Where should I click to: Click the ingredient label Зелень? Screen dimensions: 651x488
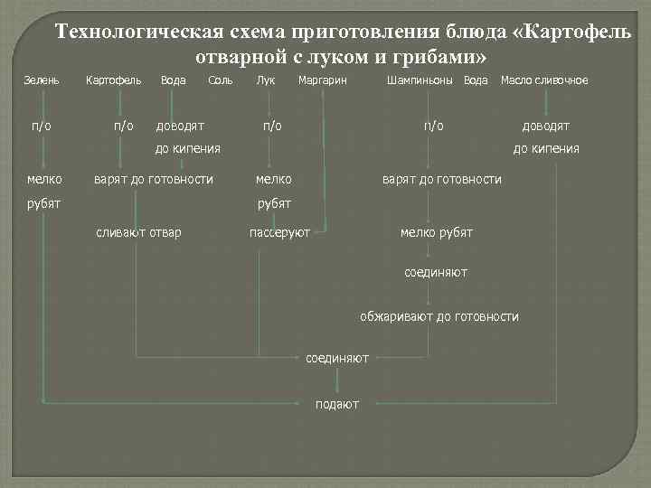coord(42,80)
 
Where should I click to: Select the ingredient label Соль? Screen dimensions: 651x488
coord(221,80)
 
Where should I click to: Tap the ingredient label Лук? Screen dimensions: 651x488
coord(266,80)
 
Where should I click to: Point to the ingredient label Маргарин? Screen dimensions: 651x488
coord(322,80)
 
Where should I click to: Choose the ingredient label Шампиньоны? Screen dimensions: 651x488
coord(420,80)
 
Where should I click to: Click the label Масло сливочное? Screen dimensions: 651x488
coord(544,80)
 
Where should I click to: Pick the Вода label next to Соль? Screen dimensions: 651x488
coord(173,80)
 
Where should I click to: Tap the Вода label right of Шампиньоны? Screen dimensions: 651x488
coord(476,80)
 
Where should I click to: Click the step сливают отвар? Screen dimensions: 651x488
coord(138,233)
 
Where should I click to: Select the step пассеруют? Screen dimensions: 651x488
coord(279,233)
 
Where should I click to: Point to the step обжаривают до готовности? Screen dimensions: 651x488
coord(439,316)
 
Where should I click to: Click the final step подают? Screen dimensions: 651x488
coord(337,403)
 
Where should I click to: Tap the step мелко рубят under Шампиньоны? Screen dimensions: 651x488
coord(436,233)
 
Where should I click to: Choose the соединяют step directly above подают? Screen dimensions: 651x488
coord(337,359)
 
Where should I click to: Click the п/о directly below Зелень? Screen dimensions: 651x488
coord(42,126)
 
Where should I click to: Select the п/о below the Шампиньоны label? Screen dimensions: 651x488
coord(434,126)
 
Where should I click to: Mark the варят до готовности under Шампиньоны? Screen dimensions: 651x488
coord(442,180)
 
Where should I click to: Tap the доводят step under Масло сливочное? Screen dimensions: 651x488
coord(546,126)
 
